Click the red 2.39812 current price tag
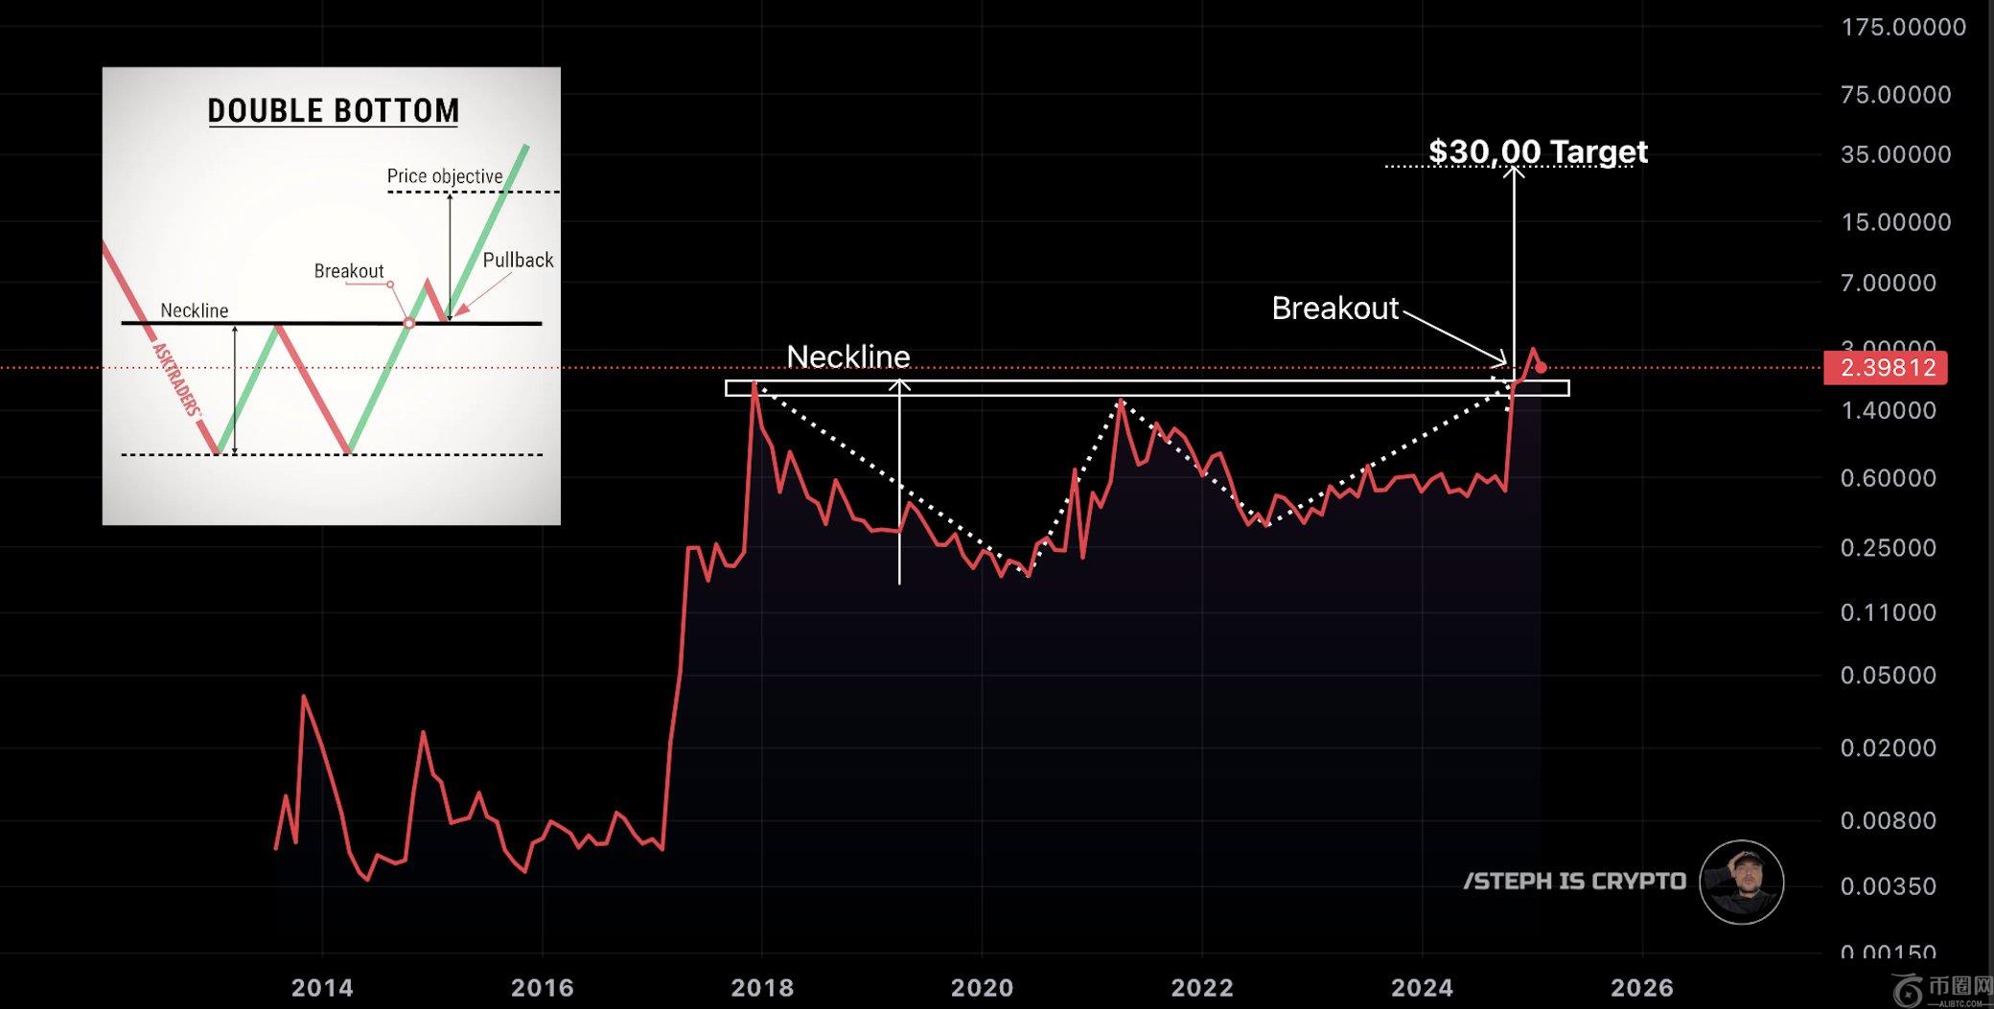[1887, 368]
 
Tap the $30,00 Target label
[1538, 151]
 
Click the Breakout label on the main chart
[1334, 309]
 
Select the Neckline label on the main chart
[847, 356]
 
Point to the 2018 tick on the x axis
[762, 987]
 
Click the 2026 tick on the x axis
[1642, 987]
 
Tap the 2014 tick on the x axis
[322, 987]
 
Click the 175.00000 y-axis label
[1903, 27]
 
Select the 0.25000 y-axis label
[1888, 548]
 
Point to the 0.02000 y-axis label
[1888, 747]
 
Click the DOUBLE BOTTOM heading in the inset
[334, 111]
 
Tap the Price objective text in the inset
[445, 176]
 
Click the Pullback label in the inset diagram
[518, 261]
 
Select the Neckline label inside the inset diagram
[195, 310]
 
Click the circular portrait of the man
[1741, 883]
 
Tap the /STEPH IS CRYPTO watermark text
[1574, 882]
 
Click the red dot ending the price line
[1541, 368]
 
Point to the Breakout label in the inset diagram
[349, 271]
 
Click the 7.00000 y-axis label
[1888, 283]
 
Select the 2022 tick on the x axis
[1202, 987]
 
